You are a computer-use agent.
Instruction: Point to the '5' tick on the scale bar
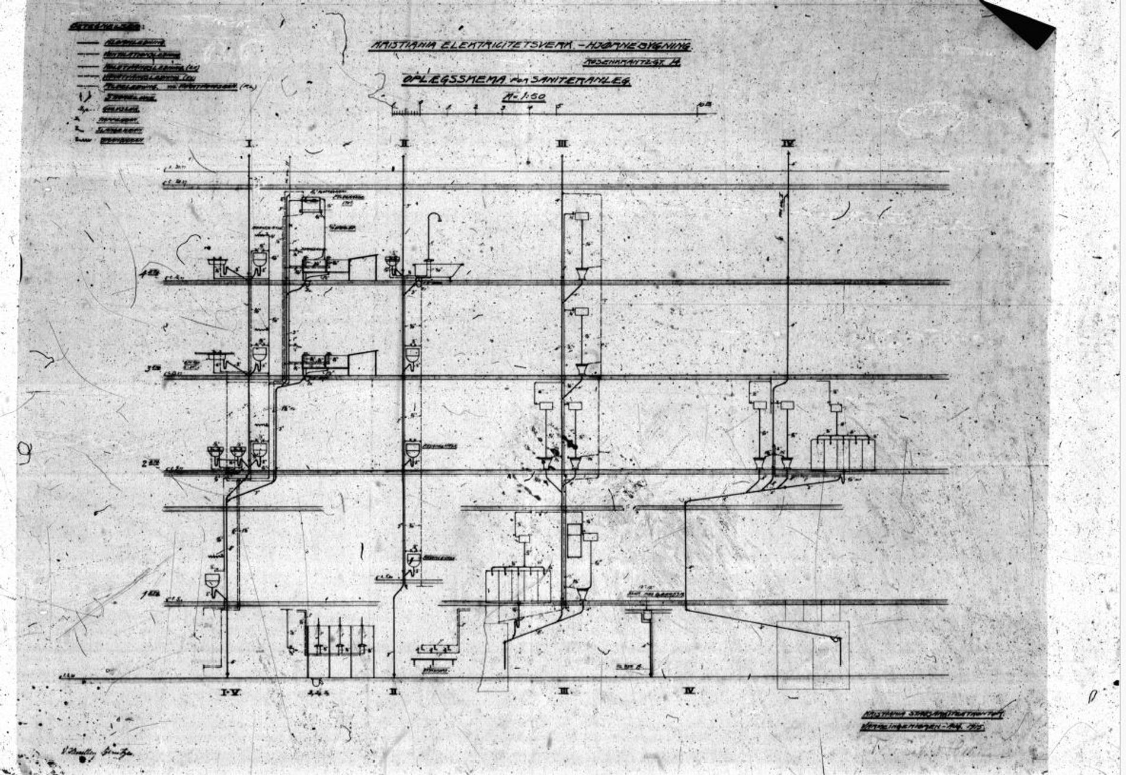pos(558,107)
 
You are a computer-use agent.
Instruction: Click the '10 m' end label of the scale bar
pos(704,105)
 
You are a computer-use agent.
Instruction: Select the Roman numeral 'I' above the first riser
pos(250,143)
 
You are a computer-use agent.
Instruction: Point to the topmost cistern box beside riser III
pos(581,216)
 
